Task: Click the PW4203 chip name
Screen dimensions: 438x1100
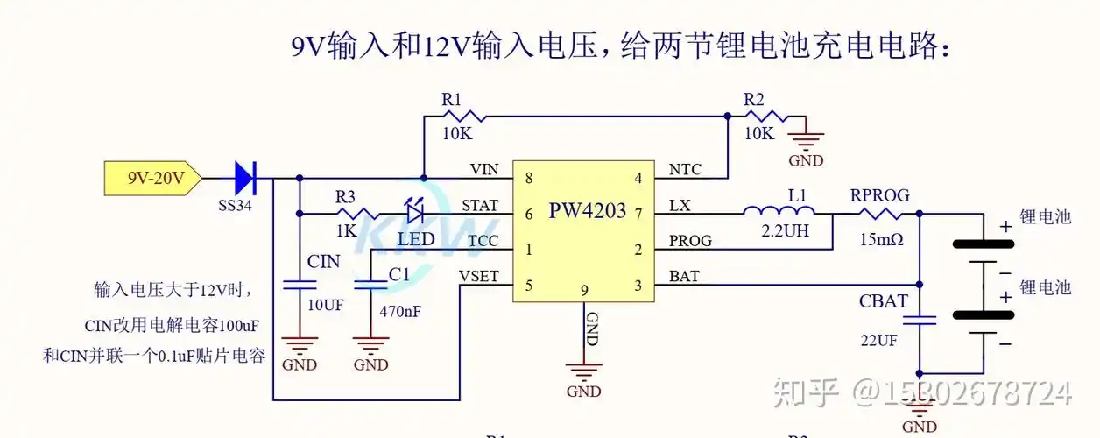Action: (588, 211)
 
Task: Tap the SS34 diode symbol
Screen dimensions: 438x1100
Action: (244, 179)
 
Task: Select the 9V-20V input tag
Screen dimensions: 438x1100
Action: (152, 179)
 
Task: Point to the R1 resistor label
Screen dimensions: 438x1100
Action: (451, 100)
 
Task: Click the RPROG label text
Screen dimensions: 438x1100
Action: (879, 195)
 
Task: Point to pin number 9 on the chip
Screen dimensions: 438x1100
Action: (584, 290)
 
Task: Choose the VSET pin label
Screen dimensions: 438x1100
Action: (478, 277)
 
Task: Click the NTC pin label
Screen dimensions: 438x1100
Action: (685, 169)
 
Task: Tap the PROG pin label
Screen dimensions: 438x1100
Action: (690, 240)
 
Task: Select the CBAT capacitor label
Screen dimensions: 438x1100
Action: (883, 302)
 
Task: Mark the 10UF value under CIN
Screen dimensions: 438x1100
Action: (325, 304)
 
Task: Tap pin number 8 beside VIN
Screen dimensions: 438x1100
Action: (529, 179)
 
